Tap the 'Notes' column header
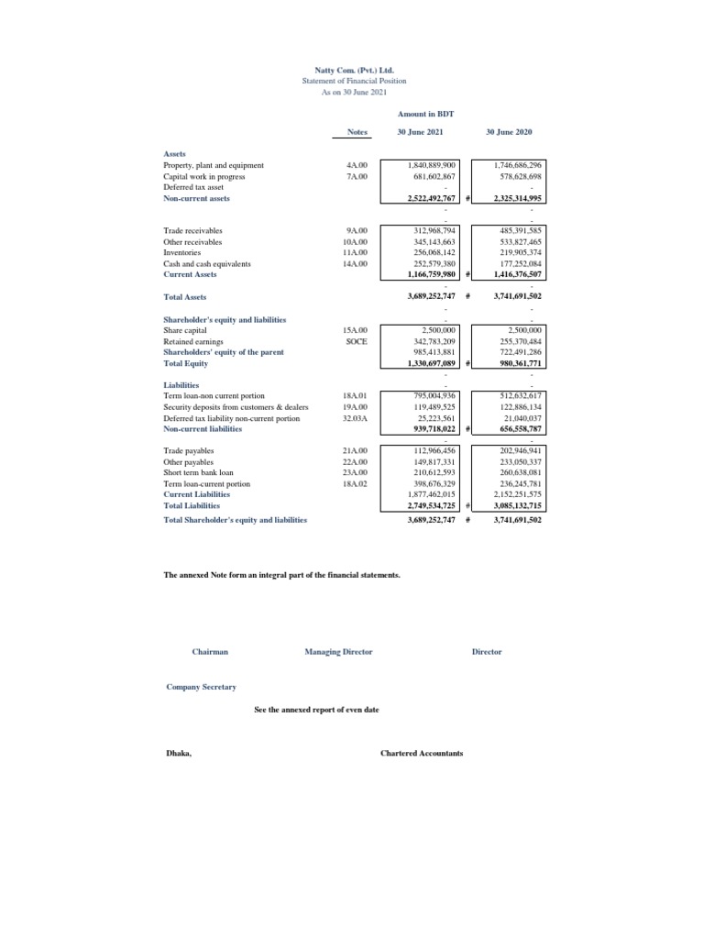pyautogui.click(x=357, y=132)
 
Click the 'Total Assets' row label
pyautogui.click(x=184, y=297)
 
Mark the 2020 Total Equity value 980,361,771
pyautogui.click(x=517, y=363)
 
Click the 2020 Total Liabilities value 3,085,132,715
pyautogui.click(x=517, y=505)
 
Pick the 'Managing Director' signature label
pyautogui.click(x=338, y=651)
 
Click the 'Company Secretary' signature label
pyautogui.click(x=201, y=687)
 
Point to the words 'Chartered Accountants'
pyautogui.click(x=422, y=753)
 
